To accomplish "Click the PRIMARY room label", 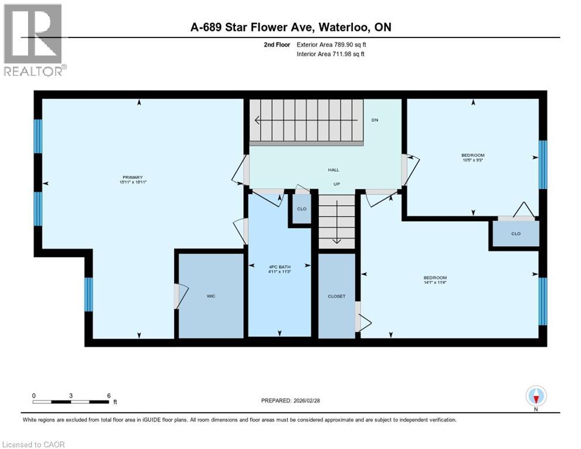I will point(133,178).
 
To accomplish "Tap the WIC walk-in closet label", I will point(211,296).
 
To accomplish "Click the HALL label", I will point(333,170).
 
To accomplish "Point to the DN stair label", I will point(375,120).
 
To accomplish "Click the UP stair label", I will point(337,184).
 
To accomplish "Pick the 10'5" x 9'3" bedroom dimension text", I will point(473,160).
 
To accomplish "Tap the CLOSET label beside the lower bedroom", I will point(337,296).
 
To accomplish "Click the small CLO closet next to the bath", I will point(302,209).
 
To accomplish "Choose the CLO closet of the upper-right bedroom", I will point(516,234).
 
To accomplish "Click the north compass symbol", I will point(536,396).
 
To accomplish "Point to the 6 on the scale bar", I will point(109,395).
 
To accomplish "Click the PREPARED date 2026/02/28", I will point(290,400).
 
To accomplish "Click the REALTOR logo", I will point(34,40).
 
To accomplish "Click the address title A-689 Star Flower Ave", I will point(290,27).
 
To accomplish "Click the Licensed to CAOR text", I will point(34,444).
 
